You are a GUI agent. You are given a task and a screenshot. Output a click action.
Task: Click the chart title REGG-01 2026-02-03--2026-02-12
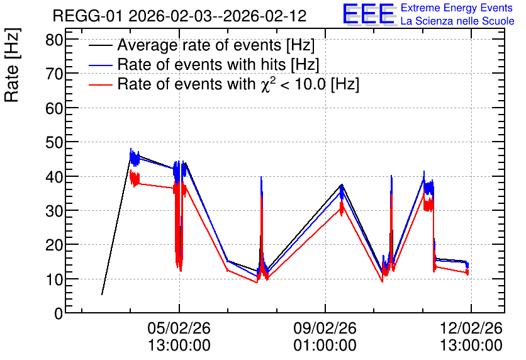pos(179,16)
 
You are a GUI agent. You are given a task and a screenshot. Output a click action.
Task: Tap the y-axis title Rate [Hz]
pos(12,65)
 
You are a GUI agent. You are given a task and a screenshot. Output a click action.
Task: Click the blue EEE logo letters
pos(368,14)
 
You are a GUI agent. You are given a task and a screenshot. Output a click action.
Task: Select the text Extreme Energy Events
pos(457,8)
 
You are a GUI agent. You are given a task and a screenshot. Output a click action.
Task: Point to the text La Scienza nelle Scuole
pos(457,21)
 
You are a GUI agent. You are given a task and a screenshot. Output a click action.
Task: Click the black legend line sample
pos(100,45)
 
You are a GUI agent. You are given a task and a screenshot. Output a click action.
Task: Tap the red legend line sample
pos(100,84)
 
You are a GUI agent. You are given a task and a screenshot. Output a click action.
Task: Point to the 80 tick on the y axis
pos(54,40)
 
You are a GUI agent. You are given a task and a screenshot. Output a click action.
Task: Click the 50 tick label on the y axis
pos(54,142)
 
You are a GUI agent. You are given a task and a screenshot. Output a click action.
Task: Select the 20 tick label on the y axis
pos(54,245)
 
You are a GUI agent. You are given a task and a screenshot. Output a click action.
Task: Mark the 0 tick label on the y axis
pos(59,313)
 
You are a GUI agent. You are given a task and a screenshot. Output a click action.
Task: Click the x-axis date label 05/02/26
pos(179,328)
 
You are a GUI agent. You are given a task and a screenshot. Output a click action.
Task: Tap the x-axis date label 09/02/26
pos(325,328)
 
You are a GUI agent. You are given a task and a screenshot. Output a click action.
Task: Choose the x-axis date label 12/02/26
pos(471,328)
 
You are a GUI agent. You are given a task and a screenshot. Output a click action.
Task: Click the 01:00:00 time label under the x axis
pos(325,345)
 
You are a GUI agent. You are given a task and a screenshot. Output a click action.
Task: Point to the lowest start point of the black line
pos(102,295)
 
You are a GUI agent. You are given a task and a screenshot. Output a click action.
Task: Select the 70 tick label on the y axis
pos(54,74)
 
